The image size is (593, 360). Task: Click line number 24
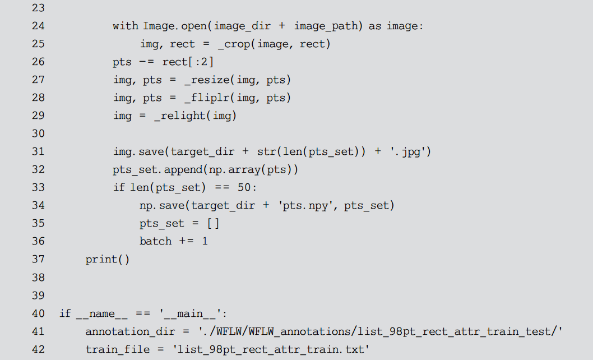pyautogui.click(x=38, y=26)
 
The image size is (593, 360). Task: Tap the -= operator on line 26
pyautogui.click(x=146, y=62)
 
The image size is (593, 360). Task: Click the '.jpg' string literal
pyautogui.click(x=410, y=151)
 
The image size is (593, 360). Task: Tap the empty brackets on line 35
pyautogui.click(x=213, y=223)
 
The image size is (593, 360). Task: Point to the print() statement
pyautogui.click(x=108, y=260)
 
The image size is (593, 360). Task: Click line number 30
pyautogui.click(x=38, y=133)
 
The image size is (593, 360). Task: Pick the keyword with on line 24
pyautogui.click(x=125, y=26)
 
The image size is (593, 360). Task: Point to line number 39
pyautogui.click(x=38, y=296)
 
